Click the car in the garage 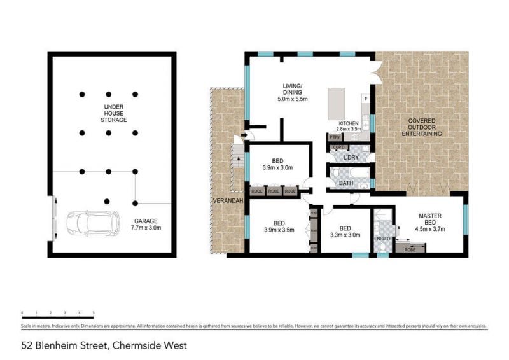point(93,223)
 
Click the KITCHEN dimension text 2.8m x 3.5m point(349,128)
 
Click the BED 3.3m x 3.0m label point(345,231)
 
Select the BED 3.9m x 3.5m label point(279,226)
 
